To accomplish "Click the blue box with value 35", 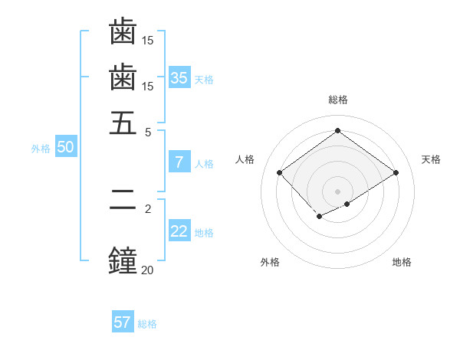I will pos(179,77).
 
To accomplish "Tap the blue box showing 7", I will pos(179,162).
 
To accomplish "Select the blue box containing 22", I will pos(179,232).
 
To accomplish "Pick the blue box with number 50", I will pos(65,148).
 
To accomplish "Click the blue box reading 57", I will pos(122,322).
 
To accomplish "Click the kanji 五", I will pos(123,123).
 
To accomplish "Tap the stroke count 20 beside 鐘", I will pos(146,269).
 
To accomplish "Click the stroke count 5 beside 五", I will pos(148,131).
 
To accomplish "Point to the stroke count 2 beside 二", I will pos(148,208).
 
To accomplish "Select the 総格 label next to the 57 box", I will pos(147,324).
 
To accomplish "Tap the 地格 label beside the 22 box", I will pos(204,233).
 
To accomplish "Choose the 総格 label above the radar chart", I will pos(337,100).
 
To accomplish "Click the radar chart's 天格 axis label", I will pos(431,159).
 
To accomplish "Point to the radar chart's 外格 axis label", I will pos(270,262).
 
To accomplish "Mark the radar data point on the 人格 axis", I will pos(280,173).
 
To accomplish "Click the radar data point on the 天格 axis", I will pos(396,173).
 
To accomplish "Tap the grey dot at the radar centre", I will pos(337,191).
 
